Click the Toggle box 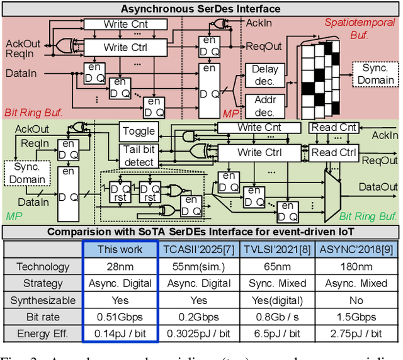click(x=139, y=131)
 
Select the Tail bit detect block click(x=139, y=156)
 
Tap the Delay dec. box click(x=264, y=75)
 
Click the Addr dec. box click(x=264, y=106)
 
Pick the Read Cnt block click(x=334, y=128)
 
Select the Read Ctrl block click(x=334, y=152)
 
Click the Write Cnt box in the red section click(x=126, y=25)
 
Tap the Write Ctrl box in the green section click(x=259, y=152)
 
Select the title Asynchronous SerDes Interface click(x=201, y=8)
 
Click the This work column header click(x=120, y=249)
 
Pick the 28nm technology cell click(x=120, y=267)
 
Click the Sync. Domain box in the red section click(x=376, y=74)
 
